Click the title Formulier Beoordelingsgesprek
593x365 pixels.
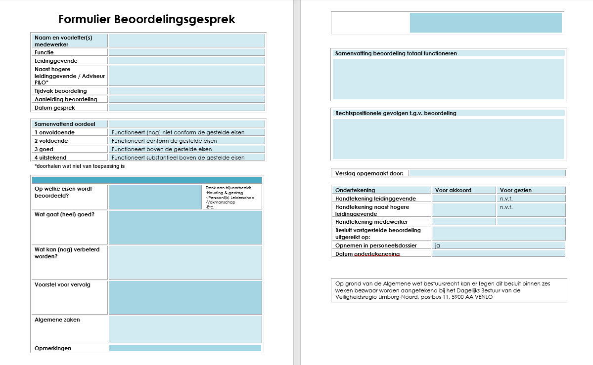click(x=147, y=19)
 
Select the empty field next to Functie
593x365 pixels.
click(x=187, y=52)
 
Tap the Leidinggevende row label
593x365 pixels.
click(x=56, y=61)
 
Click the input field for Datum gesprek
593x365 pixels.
click(x=187, y=108)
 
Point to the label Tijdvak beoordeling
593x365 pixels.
click(x=61, y=91)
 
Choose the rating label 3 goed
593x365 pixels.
click(x=44, y=149)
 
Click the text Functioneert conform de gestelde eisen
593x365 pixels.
click(x=164, y=141)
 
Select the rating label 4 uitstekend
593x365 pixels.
click(x=50, y=158)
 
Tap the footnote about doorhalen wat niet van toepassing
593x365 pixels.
click(x=80, y=166)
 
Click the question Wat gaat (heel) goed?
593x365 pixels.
click(x=64, y=214)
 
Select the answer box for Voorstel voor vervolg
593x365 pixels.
click(x=185, y=297)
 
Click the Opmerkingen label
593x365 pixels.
click(x=53, y=348)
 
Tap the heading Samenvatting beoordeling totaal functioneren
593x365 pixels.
click(x=396, y=53)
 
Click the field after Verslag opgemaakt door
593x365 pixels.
click(x=487, y=173)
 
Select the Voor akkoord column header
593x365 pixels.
click(x=453, y=190)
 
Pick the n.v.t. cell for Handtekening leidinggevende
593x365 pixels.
click(x=506, y=199)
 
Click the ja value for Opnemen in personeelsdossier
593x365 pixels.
click(x=437, y=245)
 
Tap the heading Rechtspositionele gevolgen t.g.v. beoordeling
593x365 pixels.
click(x=396, y=113)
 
